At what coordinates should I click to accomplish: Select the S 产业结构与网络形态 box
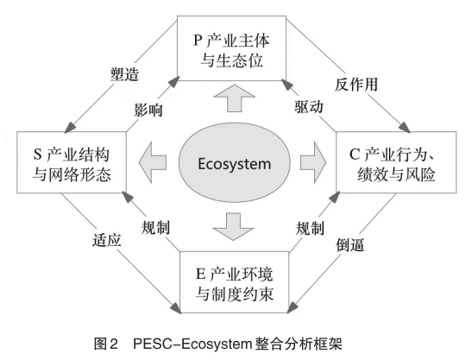pyautogui.click(x=68, y=162)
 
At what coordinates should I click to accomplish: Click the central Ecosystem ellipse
pyautogui.click(x=235, y=162)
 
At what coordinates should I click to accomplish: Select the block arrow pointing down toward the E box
pyautogui.click(x=235, y=227)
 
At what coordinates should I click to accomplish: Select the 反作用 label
pyautogui.click(x=356, y=85)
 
